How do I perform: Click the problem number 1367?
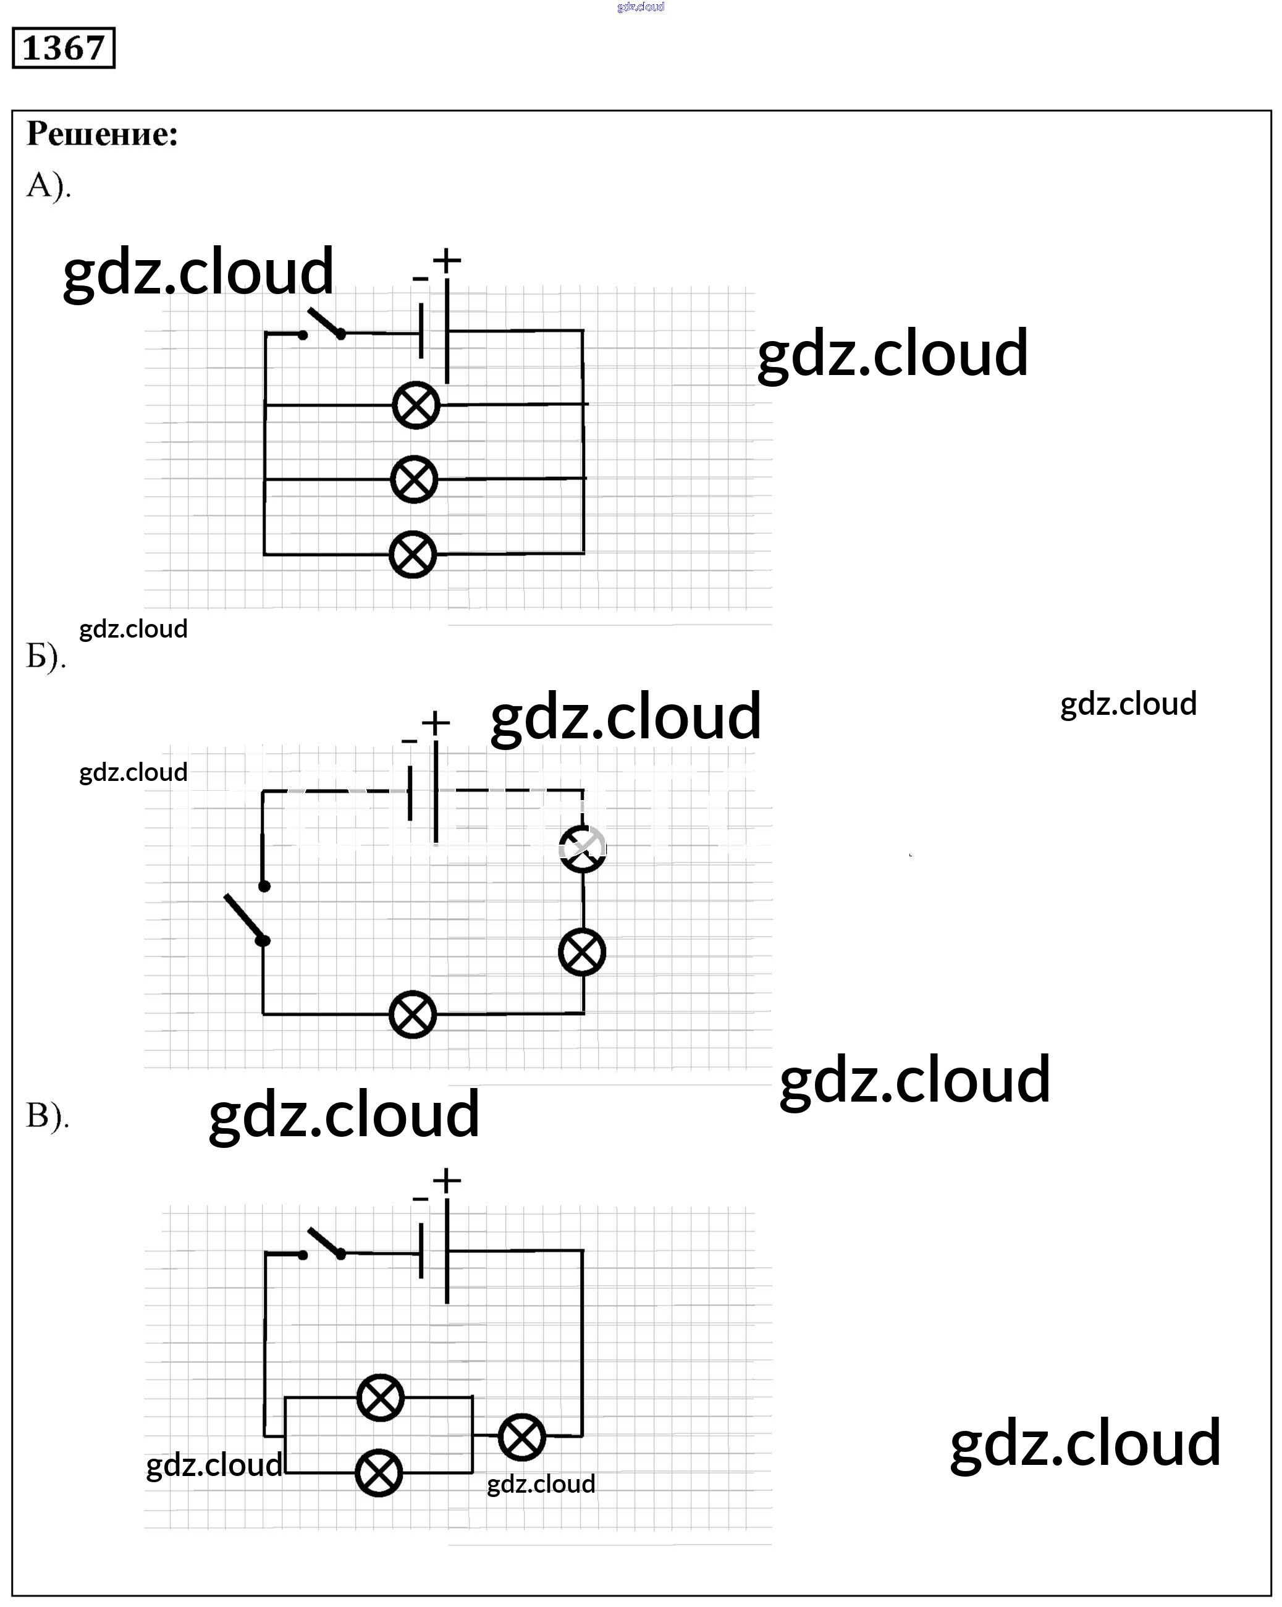64,48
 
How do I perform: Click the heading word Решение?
102,134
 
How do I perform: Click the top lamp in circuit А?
416,405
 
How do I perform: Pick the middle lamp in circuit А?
414,479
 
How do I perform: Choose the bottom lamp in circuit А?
413,555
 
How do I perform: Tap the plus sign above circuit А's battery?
447,261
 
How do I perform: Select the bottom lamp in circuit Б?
413,1014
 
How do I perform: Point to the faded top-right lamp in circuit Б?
583,848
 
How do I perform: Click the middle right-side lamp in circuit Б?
582,952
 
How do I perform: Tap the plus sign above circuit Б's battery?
436,722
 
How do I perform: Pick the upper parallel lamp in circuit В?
380,1398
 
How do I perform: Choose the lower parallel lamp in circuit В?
379,1473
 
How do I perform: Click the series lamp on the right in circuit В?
521,1436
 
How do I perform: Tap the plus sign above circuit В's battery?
447,1180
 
